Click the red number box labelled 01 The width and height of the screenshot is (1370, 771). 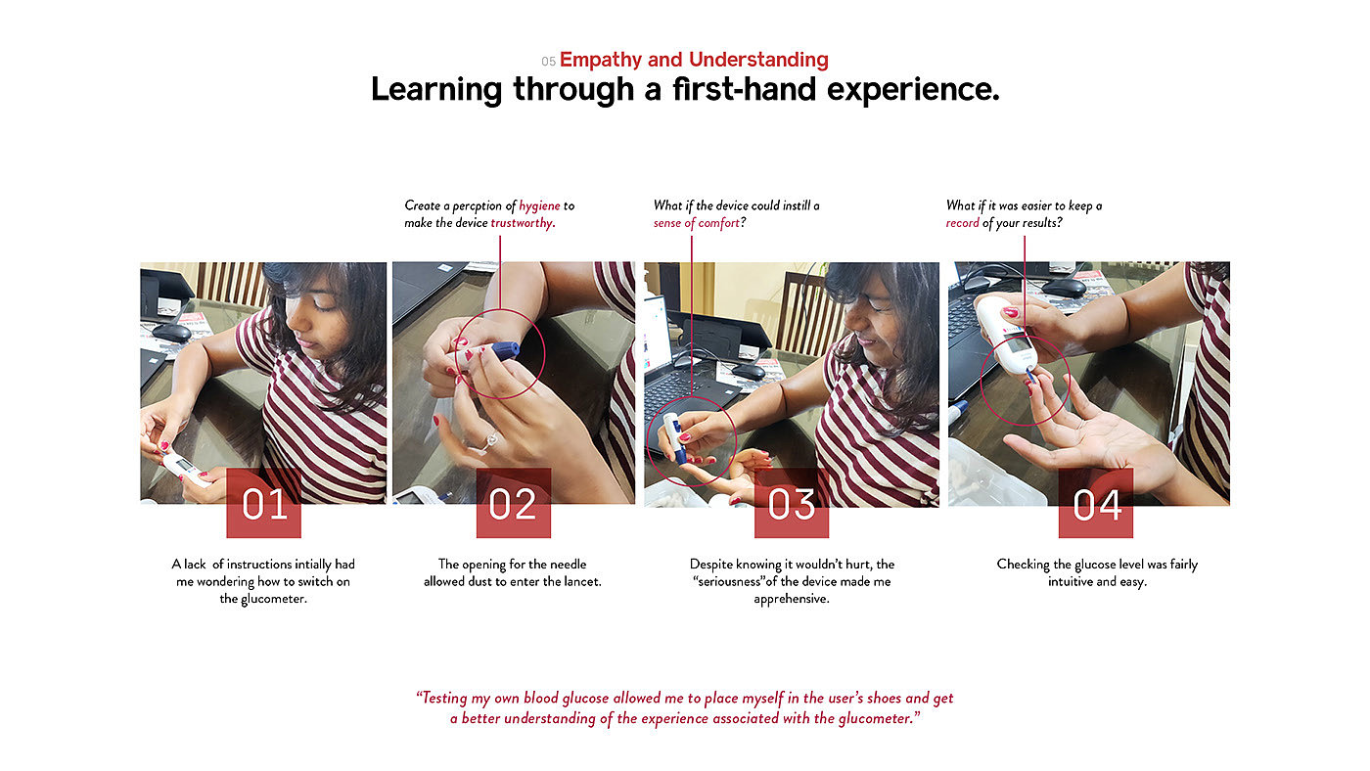pyautogui.click(x=263, y=503)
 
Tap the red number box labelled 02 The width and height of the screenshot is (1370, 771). pyautogui.click(x=514, y=503)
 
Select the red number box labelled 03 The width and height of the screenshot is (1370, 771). pyautogui.click(x=792, y=503)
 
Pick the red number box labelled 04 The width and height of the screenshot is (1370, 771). pyautogui.click(x=1096, y=503)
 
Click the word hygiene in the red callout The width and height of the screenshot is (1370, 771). pyautogui.click(x=539, y=206)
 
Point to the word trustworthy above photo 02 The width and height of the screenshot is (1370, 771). pyautogui.click(x=523, y=223)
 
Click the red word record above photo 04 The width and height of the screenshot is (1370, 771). pyautogui.click(x=963, y=223)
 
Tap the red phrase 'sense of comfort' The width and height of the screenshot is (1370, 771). pyautogui.click(x=697, y=223)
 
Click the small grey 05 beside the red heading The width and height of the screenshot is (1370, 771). pyautogui.click(x=548, y=61)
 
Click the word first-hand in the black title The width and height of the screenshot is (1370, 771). pyautogui.click(x=744, y=89)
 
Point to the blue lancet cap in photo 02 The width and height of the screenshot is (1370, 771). pyautogui.click(x=506, y=349)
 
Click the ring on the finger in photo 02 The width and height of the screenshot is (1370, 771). pyautogui.click(x=491, y=440)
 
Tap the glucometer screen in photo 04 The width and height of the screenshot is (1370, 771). pyautogui.click(x=1017, y=344)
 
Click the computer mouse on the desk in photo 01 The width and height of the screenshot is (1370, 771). pyautogui.click(x=171, y=333)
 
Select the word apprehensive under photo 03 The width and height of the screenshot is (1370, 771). pyautogui.click(x=792, y=599)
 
